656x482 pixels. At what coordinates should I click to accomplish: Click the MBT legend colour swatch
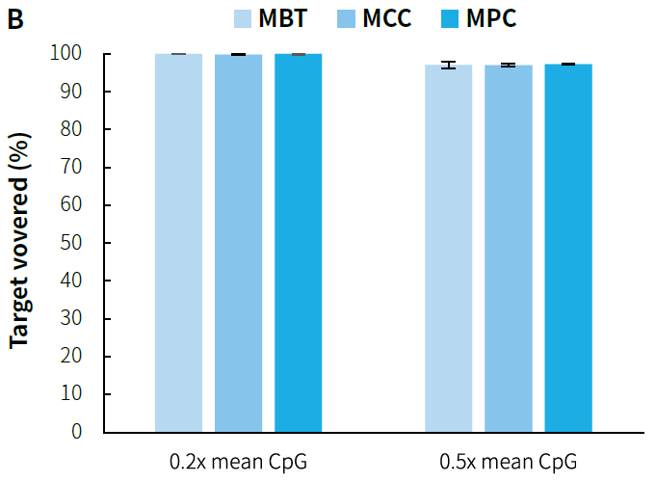click(x=244, y=18)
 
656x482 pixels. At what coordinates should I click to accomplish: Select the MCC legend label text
click(x=386, y=18)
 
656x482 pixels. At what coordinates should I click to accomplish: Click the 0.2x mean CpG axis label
click(x=238, y=461)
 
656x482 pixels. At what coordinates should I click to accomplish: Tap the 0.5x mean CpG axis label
click(x=509, y=461)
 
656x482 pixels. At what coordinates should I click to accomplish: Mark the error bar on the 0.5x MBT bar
click(x=449, y=66)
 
